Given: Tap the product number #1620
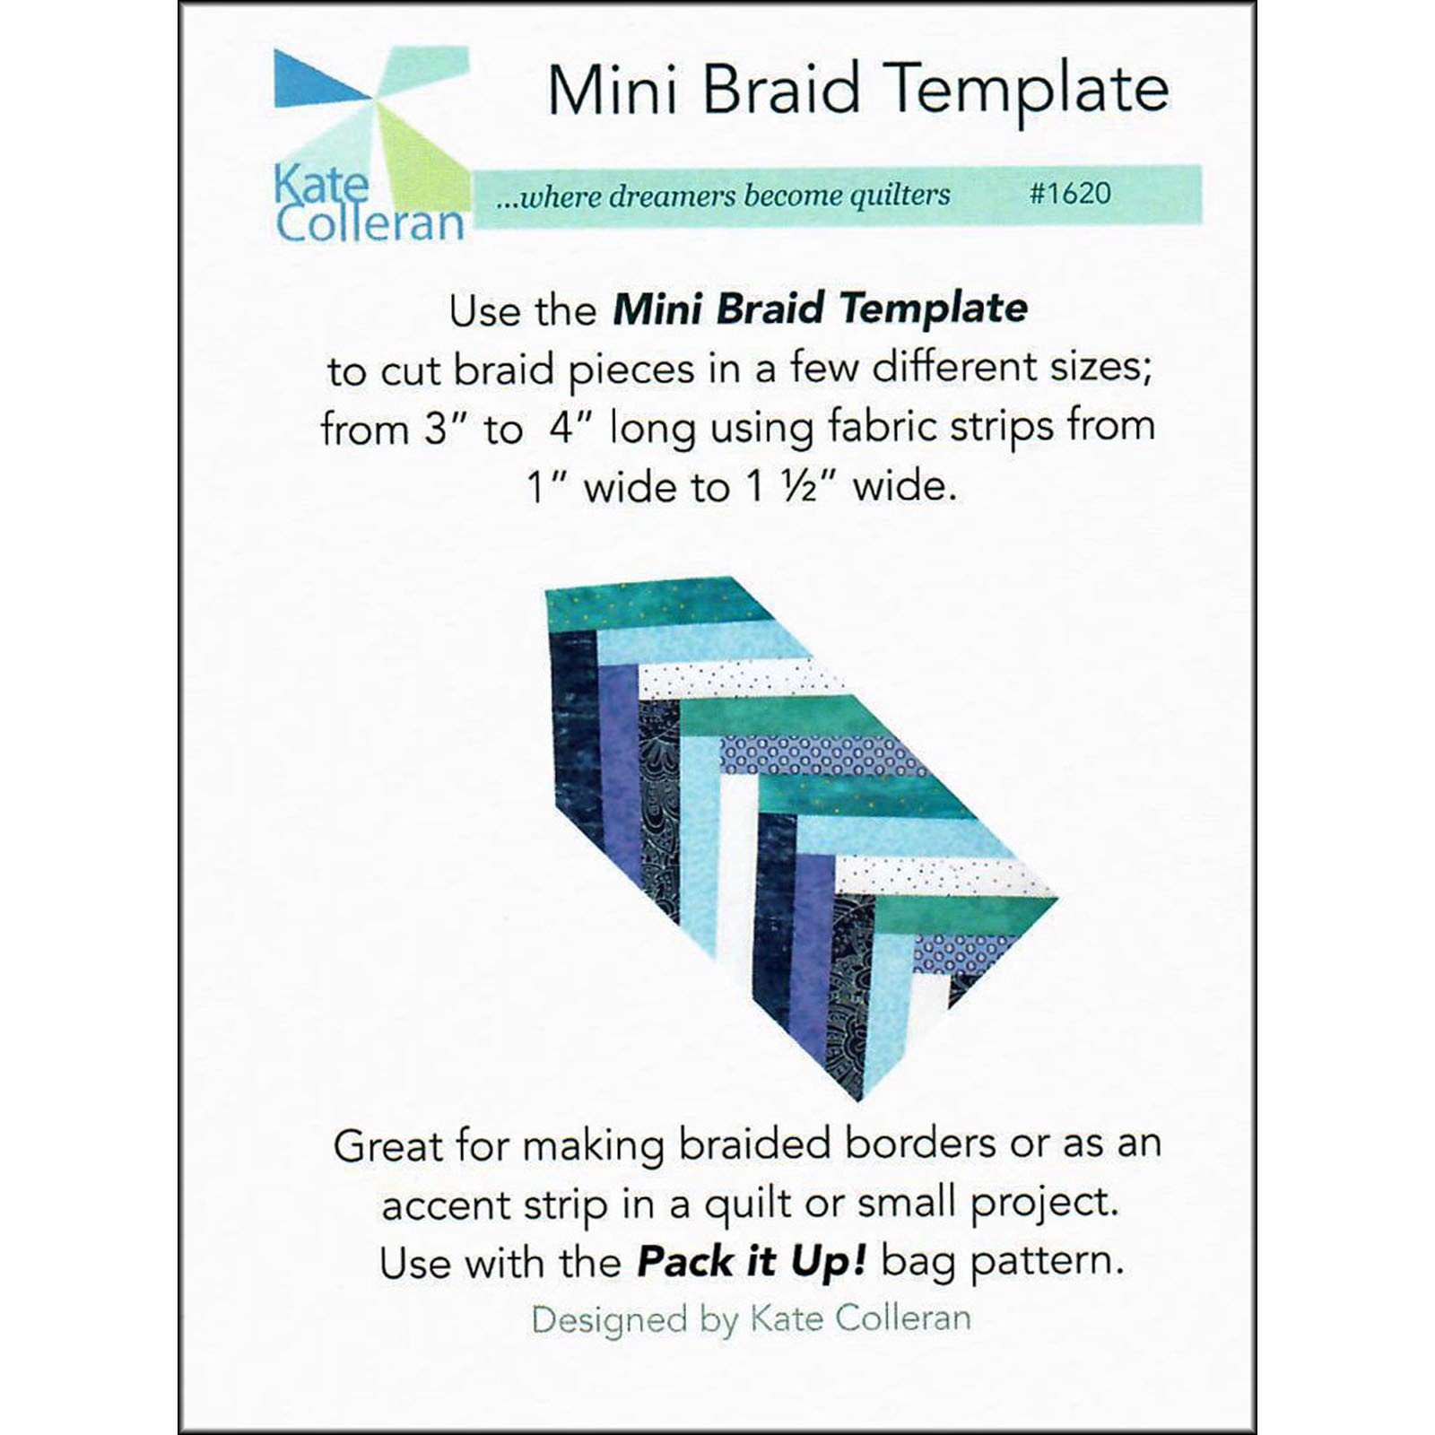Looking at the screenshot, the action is (x=1070, y=193).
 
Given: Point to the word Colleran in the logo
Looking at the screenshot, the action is (x=370, y=222).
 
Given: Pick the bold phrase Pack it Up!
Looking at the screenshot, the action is (x=752, y=1263).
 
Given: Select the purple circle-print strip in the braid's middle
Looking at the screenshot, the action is (x=822, y=754).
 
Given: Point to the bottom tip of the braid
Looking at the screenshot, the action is (x=859, y=1100).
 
